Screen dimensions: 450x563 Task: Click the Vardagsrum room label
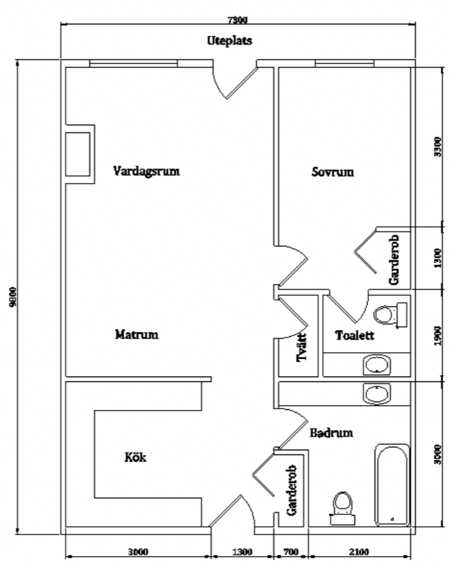(x=146, y=171)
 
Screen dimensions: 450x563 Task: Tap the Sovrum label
(x=333, y=172)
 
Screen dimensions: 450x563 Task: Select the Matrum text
(x=137, y=335)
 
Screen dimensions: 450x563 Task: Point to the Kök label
(x=136, y=457)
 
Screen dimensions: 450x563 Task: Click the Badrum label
(x=332, y=433)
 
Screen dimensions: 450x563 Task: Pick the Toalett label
(x=355, y=335)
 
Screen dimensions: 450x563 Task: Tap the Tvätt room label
(x=302, y=347)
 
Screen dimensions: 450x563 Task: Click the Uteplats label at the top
(x=230, y=40)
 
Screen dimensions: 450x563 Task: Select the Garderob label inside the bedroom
(x=394, y=260)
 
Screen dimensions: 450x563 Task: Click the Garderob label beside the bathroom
(x=292, y=490)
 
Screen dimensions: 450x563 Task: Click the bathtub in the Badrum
(x=392, y=485)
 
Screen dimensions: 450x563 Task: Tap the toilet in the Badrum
(x=343, y=508)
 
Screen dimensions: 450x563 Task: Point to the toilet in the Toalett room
(x=390, y=315)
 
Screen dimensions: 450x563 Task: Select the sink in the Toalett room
(x=377, y=365)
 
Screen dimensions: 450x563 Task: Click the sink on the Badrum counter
(x=377, y=393)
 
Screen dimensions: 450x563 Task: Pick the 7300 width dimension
(x=238, y=20)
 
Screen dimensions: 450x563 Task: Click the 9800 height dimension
(x=13, y=296)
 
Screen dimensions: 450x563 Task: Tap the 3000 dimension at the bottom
(x=139, y=551)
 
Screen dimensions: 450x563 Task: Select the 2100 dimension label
(x=359, y=551)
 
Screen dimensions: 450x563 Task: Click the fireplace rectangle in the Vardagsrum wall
(x=77, y=154)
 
